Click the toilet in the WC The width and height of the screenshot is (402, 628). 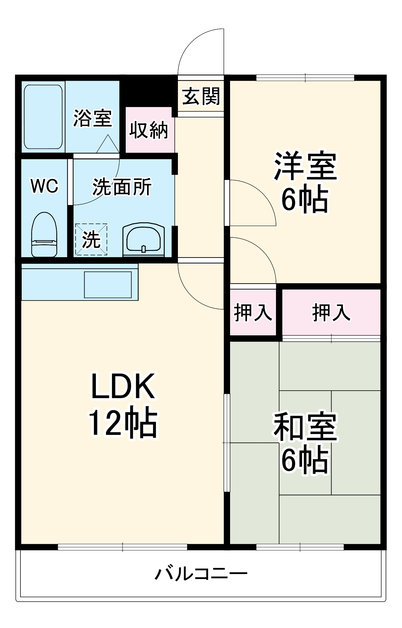click(44, 235)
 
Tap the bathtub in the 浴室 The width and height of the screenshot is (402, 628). click(43, 117)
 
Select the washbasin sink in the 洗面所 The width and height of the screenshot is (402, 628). click(143, 240)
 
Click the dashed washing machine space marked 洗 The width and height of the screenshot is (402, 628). click(91, 239)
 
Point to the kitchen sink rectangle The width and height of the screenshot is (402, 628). click(108, 284)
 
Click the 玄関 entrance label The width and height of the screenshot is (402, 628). click(201, 96)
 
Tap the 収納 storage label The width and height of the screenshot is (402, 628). click(149, 130)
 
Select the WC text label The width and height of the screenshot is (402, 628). click(44, 186)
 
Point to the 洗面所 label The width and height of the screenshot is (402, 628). click(122, 187)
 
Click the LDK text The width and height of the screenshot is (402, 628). click(123, 386)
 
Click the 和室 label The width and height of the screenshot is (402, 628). click(305, 426)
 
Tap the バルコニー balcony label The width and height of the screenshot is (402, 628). click(201, 574)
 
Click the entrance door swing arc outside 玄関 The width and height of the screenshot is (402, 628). click(201, 52)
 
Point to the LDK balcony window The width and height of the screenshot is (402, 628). click(123, 547)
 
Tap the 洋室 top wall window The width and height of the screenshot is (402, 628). click(305, 78)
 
